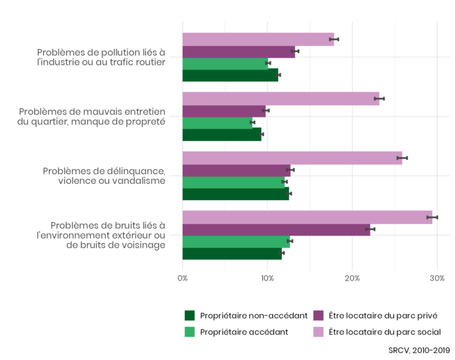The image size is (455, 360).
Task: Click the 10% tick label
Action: coord(267,278)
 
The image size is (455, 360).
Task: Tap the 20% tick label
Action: coord(352,278)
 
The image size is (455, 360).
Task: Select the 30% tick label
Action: coord(437,278)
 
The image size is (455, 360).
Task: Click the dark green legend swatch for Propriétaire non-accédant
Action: coord(189,315)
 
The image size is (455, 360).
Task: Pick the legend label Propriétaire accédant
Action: coord(244,332)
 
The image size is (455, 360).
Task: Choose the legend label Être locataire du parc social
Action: coord(384,332)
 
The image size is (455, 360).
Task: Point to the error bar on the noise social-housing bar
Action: coord(432,217)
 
